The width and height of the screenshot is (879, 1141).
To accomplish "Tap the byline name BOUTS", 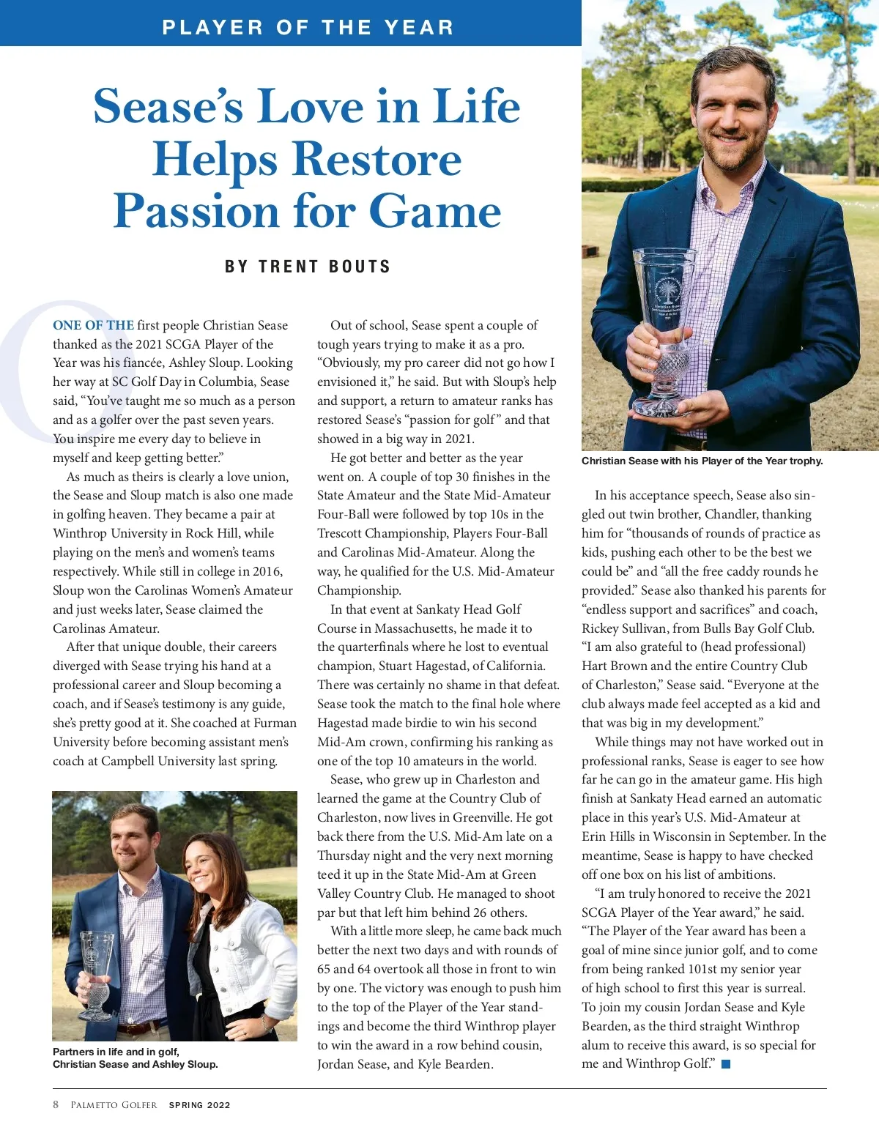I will point(360,267).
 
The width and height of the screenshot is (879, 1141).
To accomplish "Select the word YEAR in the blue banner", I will point(419,28).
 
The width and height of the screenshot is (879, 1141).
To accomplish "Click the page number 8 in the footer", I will point(56,1104).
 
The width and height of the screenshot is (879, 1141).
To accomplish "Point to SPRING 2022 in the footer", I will point(199,1105).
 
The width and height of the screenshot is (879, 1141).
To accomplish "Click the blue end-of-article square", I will point(726,1064).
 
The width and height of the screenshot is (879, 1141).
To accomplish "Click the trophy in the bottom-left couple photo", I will point(96,974).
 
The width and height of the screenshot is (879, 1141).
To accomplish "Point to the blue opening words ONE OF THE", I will point(93,325).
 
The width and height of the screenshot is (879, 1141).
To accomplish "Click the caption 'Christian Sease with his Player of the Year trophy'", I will point(702,461).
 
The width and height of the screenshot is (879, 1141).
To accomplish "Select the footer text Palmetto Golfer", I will point(114,1105).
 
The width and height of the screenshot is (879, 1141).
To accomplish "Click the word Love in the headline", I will point(311,106).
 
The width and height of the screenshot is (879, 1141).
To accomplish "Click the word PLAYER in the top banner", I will point(212,28).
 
